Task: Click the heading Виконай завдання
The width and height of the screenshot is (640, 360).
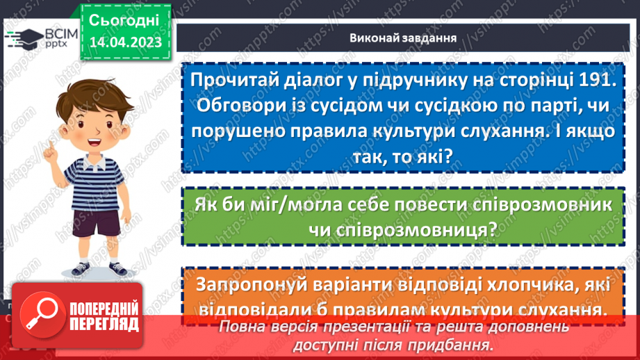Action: pyautogui.click(x=402, y=38)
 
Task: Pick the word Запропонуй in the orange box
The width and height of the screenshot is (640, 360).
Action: pyautogui.click(x=254, y=285)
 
